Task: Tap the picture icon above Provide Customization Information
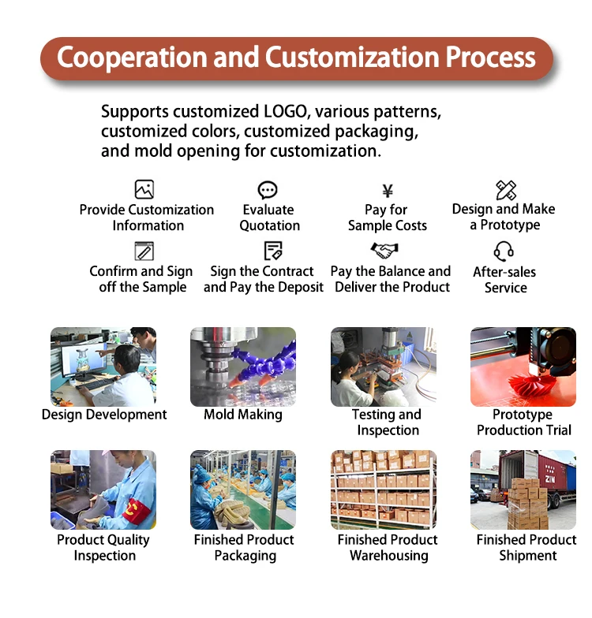coord(144,189)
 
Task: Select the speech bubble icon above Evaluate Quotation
coord(268,190)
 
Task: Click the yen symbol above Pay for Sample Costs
coord(387,191)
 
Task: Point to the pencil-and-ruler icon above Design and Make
coord(506,189)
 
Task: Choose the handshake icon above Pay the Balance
coord(384,251)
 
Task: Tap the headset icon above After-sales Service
coord(504,251)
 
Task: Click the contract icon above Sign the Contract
coord(273,251)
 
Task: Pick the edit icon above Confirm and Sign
coord(144,251)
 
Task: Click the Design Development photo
coord(103,367)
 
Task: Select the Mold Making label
coord(243,415)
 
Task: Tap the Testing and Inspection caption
coord(387,423)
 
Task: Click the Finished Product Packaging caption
coord(244,548)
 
